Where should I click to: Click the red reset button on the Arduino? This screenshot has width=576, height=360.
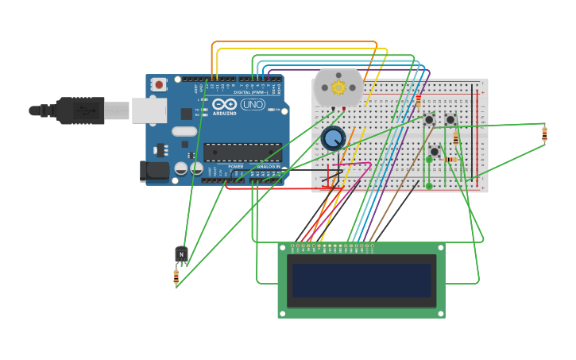point(160,83)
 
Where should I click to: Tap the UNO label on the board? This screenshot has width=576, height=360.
point(253,104)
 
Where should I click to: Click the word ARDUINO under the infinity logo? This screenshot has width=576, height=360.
point(224,114)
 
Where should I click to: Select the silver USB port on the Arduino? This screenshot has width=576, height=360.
point(149,110)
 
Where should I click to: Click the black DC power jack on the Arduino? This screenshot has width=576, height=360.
point(154,170)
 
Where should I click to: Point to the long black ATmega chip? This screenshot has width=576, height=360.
point(242,152)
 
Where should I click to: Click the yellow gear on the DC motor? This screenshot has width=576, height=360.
point(338,87)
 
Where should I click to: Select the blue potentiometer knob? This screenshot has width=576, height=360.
point(333,139)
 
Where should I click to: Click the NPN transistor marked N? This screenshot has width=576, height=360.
point(181,254)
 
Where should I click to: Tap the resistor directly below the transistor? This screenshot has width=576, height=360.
point(176,277)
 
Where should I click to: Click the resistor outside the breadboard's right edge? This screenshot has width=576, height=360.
point(544,134)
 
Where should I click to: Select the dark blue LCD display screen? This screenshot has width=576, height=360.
point(361,281)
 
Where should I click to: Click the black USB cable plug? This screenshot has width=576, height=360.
point(79,110)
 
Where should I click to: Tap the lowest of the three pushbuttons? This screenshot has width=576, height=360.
point(434,151)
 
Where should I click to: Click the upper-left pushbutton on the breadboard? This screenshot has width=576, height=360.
point(429,120)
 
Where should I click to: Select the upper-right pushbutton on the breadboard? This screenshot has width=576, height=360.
point(450,120)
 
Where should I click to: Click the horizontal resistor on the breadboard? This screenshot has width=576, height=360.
point(450,160)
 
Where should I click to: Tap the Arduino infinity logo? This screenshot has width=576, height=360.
point(224,105)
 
